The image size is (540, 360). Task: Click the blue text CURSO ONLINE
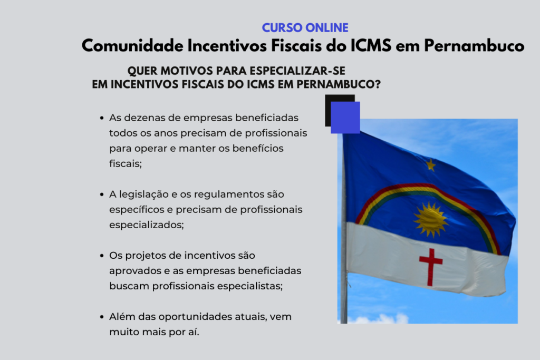pos(305,28)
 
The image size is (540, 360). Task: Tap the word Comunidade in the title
pos(132,46)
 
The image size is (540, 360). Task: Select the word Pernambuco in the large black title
pos(474,46)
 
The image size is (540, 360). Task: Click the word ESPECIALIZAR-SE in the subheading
pos(297,71)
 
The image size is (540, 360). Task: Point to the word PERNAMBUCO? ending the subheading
pos(339,84)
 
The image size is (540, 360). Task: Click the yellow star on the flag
pos(430,165)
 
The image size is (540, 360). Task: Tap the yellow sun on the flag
pos(430,219)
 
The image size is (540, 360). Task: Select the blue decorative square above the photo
pos(345,118)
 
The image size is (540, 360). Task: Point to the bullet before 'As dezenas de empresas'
pos(102,118)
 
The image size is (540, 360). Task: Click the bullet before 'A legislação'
pos(102,194)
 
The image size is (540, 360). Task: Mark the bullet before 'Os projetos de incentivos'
pos(102,256)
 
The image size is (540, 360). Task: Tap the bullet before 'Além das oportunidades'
pos(102,317)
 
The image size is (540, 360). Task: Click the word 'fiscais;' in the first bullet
pos(126,163)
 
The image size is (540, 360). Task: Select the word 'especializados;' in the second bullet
pos(147,225)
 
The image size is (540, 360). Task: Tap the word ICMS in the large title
pos(371,46)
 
